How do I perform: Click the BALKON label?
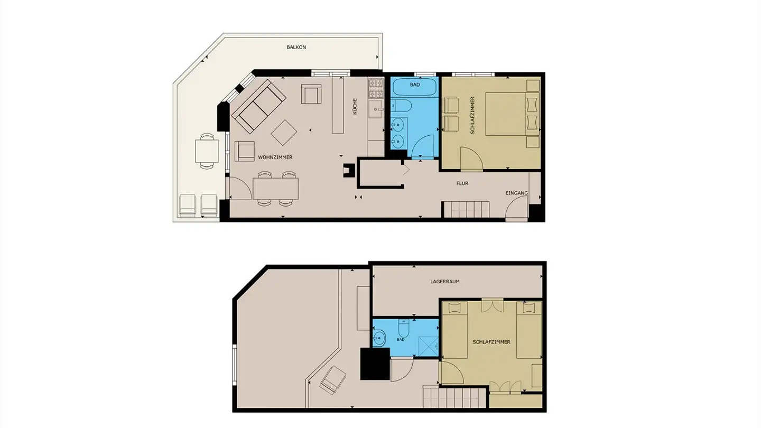tap(296, 47)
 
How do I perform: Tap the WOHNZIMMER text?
tap(275, 157)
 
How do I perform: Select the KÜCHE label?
tap(355, 107)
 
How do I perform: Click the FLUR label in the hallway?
tap(462, 183)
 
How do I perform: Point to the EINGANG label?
tap(516, 193)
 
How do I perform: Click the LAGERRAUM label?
tap(444, 282)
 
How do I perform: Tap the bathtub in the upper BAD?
tap(414, 86)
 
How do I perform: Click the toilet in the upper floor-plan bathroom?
tap(400, 106)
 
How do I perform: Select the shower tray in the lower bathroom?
tap(426, 344)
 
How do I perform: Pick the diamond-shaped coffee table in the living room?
tap(284, 133)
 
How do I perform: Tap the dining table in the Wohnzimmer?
tap(275, 188)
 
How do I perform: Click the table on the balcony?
tap(207, 151)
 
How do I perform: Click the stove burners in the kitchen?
tap(376, 88)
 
